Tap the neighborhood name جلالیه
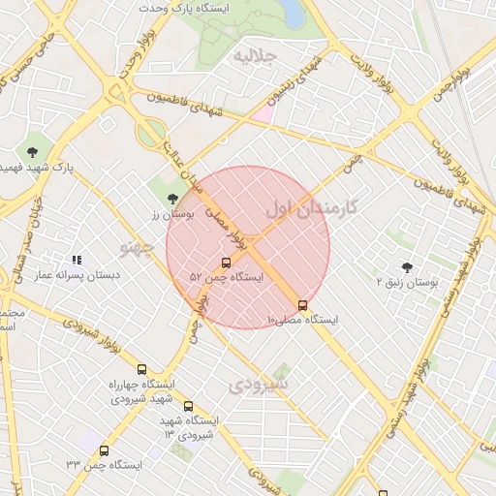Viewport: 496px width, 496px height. pos(257,57)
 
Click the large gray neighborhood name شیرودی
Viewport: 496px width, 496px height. pos(260,385)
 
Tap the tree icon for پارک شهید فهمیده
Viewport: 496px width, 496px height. pos(33,151)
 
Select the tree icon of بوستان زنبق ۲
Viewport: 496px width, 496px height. pos(406,266)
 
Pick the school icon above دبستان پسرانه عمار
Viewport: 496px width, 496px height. pos(76,260)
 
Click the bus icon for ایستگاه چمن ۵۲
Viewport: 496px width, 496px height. pos(227,263)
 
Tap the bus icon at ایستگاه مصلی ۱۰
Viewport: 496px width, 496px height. pos(302,305)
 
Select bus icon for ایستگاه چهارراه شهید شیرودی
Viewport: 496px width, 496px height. pos(142,369)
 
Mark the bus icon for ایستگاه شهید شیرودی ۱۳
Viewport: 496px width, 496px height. pos(188,407)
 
